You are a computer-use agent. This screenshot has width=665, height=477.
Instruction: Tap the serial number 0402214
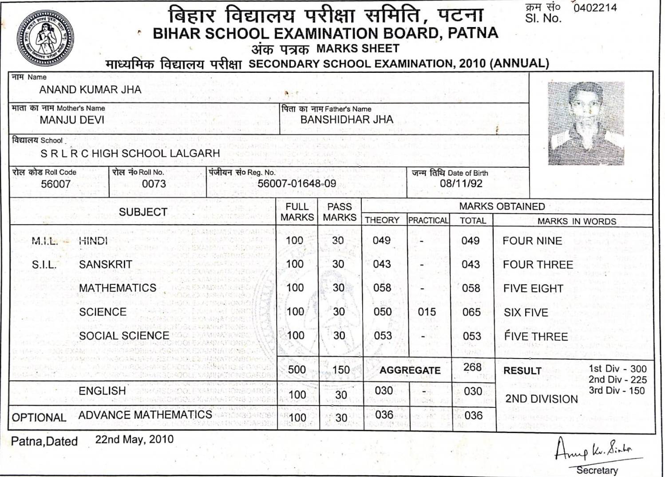595,8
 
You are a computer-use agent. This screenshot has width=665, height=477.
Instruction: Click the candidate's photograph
586,123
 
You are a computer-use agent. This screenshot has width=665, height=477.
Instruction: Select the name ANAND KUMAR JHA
90,90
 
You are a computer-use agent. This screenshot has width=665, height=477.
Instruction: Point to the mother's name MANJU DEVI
72,120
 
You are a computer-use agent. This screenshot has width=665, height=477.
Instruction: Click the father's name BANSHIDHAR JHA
347,119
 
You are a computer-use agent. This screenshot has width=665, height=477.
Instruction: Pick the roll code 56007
55,184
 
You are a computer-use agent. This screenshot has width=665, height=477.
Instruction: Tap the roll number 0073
154,184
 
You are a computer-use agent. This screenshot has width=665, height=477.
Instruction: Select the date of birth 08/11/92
461,184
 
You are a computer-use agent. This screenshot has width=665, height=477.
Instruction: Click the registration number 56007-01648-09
297,184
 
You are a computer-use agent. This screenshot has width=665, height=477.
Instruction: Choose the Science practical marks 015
427,312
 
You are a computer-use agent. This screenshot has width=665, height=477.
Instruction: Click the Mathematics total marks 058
471,288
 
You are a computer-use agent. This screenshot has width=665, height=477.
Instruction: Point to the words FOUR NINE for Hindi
532,241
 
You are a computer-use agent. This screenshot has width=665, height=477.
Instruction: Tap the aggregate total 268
472,367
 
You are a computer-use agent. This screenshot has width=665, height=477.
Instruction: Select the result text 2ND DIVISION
542,399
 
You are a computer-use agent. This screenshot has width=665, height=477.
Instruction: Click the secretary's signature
594,449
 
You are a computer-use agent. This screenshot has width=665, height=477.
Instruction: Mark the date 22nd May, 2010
134,439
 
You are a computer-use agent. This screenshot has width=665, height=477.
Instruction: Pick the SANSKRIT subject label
105,264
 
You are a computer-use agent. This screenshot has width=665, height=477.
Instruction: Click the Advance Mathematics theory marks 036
384,415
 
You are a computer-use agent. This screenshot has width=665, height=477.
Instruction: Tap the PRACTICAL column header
428,221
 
